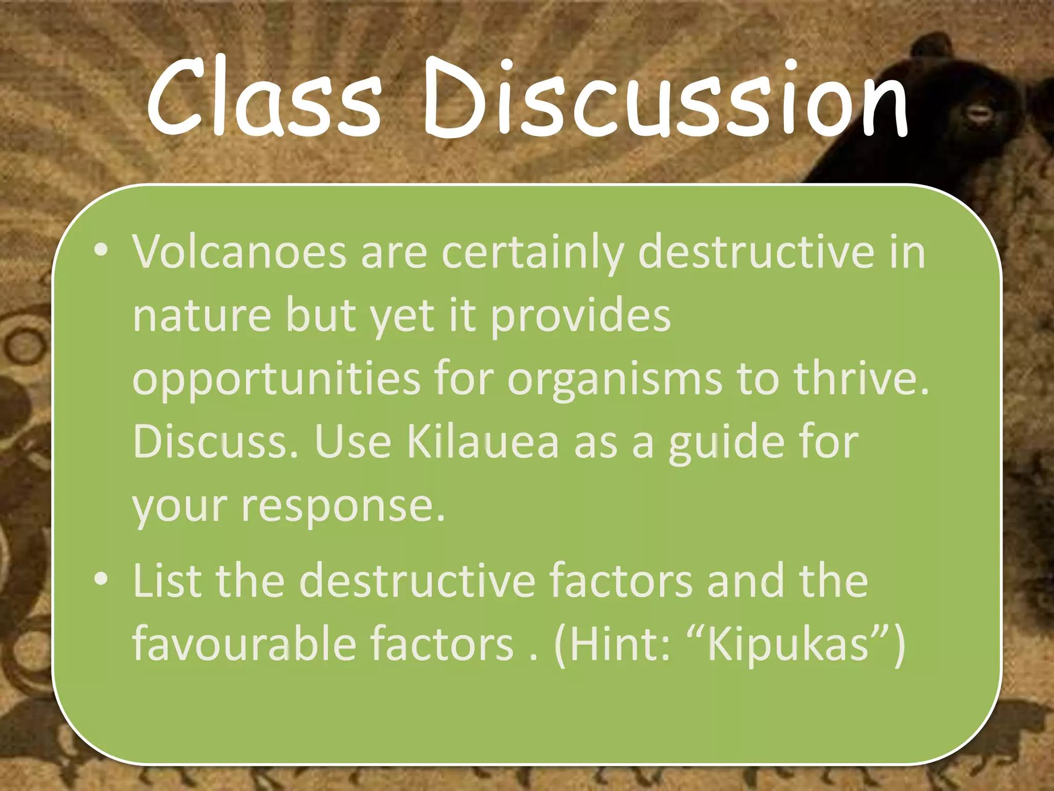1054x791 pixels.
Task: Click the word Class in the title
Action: pos(263,98)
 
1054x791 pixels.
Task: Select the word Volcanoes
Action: pos(240,252)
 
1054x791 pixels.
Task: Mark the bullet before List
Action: pos(101,579)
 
